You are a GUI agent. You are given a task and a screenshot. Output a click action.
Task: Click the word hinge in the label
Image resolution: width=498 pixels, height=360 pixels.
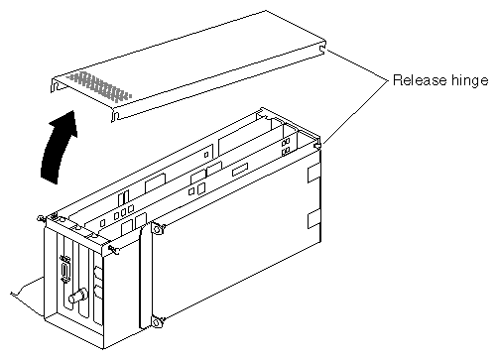point(469,81)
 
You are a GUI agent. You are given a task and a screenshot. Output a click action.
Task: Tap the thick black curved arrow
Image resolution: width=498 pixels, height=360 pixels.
point(60,147)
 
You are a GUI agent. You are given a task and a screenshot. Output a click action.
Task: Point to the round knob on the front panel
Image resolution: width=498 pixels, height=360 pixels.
point(78,296)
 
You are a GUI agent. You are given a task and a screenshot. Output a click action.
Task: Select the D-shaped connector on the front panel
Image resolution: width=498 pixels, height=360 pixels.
point(65,268)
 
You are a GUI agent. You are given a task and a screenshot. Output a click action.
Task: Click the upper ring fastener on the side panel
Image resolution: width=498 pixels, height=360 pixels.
point(157,228)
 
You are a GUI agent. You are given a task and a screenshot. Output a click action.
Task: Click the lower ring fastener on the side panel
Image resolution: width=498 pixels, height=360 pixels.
point(157,321)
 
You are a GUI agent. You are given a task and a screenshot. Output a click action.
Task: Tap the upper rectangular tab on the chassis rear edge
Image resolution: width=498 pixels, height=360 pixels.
point(313,174)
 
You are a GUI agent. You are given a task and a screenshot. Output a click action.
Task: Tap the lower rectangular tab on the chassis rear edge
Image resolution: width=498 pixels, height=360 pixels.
point(313,219)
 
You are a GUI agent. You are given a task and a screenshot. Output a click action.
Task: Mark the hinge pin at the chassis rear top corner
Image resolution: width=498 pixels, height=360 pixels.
point(318,145)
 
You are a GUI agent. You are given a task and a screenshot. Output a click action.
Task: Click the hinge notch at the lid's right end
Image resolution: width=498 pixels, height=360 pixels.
point(322,49)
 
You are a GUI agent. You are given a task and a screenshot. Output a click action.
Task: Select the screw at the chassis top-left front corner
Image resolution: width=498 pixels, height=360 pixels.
point(41,218)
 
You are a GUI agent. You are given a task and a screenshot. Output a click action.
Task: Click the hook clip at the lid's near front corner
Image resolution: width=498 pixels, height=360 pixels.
point(115,116)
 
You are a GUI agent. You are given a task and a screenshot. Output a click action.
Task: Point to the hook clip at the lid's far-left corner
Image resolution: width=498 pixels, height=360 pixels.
point(55,85)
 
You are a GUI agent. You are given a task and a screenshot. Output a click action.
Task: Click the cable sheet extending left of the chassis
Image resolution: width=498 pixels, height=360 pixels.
point(28,287)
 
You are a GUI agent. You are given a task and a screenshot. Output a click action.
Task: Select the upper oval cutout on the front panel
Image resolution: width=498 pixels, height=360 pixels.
point(98,274)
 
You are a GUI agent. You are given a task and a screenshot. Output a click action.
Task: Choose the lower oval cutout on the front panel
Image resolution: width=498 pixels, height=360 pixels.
point(98,293)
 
